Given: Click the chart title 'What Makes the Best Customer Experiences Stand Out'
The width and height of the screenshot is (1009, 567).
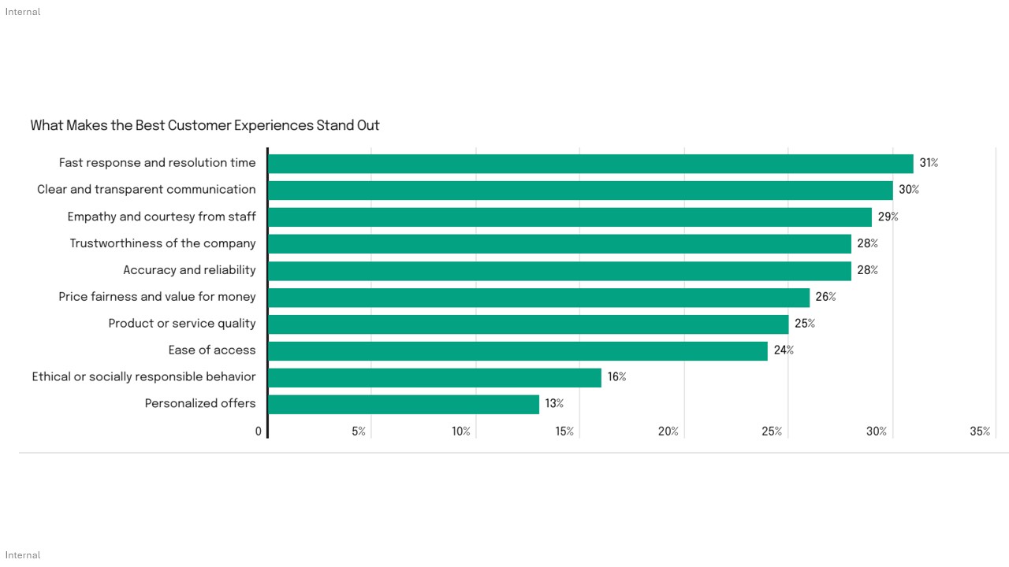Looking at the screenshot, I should (x=205, y=125).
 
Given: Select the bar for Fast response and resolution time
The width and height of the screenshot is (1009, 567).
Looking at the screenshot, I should (x=590, y=164).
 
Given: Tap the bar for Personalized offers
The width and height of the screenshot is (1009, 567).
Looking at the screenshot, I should (x=404, y=404).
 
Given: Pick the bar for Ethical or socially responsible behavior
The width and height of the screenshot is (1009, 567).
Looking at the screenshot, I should (x=434, y=377).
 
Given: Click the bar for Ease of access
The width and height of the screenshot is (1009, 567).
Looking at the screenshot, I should (x=518, y=350).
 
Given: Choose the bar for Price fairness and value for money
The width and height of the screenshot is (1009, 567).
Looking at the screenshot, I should (x=538, y=297).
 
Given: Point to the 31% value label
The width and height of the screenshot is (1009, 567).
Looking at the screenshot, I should (x=929, y=163).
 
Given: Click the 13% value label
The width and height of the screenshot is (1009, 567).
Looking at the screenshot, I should (x=554, y=403).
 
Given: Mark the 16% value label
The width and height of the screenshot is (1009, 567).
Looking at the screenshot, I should (x=616, y=376).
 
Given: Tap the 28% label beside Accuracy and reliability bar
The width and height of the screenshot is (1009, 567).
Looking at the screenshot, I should (x=867, y=270).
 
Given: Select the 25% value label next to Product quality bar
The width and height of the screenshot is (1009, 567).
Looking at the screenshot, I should (x=805, y=324).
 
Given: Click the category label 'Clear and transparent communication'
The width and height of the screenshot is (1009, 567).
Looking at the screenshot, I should (x=147, y=190).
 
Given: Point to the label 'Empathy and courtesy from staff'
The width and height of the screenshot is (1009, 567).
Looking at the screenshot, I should (x=162, y=217).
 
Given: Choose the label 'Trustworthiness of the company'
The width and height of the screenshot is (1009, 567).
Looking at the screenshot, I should (x=162, y=243).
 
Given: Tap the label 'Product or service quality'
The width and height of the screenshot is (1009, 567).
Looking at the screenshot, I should (x=182, y=324).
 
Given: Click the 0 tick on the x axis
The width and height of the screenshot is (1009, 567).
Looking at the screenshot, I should (x=259, y=432).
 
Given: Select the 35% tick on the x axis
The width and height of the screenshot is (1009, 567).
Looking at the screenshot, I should (x=980, y=432).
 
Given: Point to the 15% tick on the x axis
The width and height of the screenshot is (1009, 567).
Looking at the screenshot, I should (x=564, y=432).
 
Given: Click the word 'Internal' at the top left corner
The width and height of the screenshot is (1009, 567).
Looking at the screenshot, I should (x=23, y=12).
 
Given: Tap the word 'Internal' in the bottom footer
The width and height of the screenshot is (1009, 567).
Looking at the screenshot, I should (x=23, y=555).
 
